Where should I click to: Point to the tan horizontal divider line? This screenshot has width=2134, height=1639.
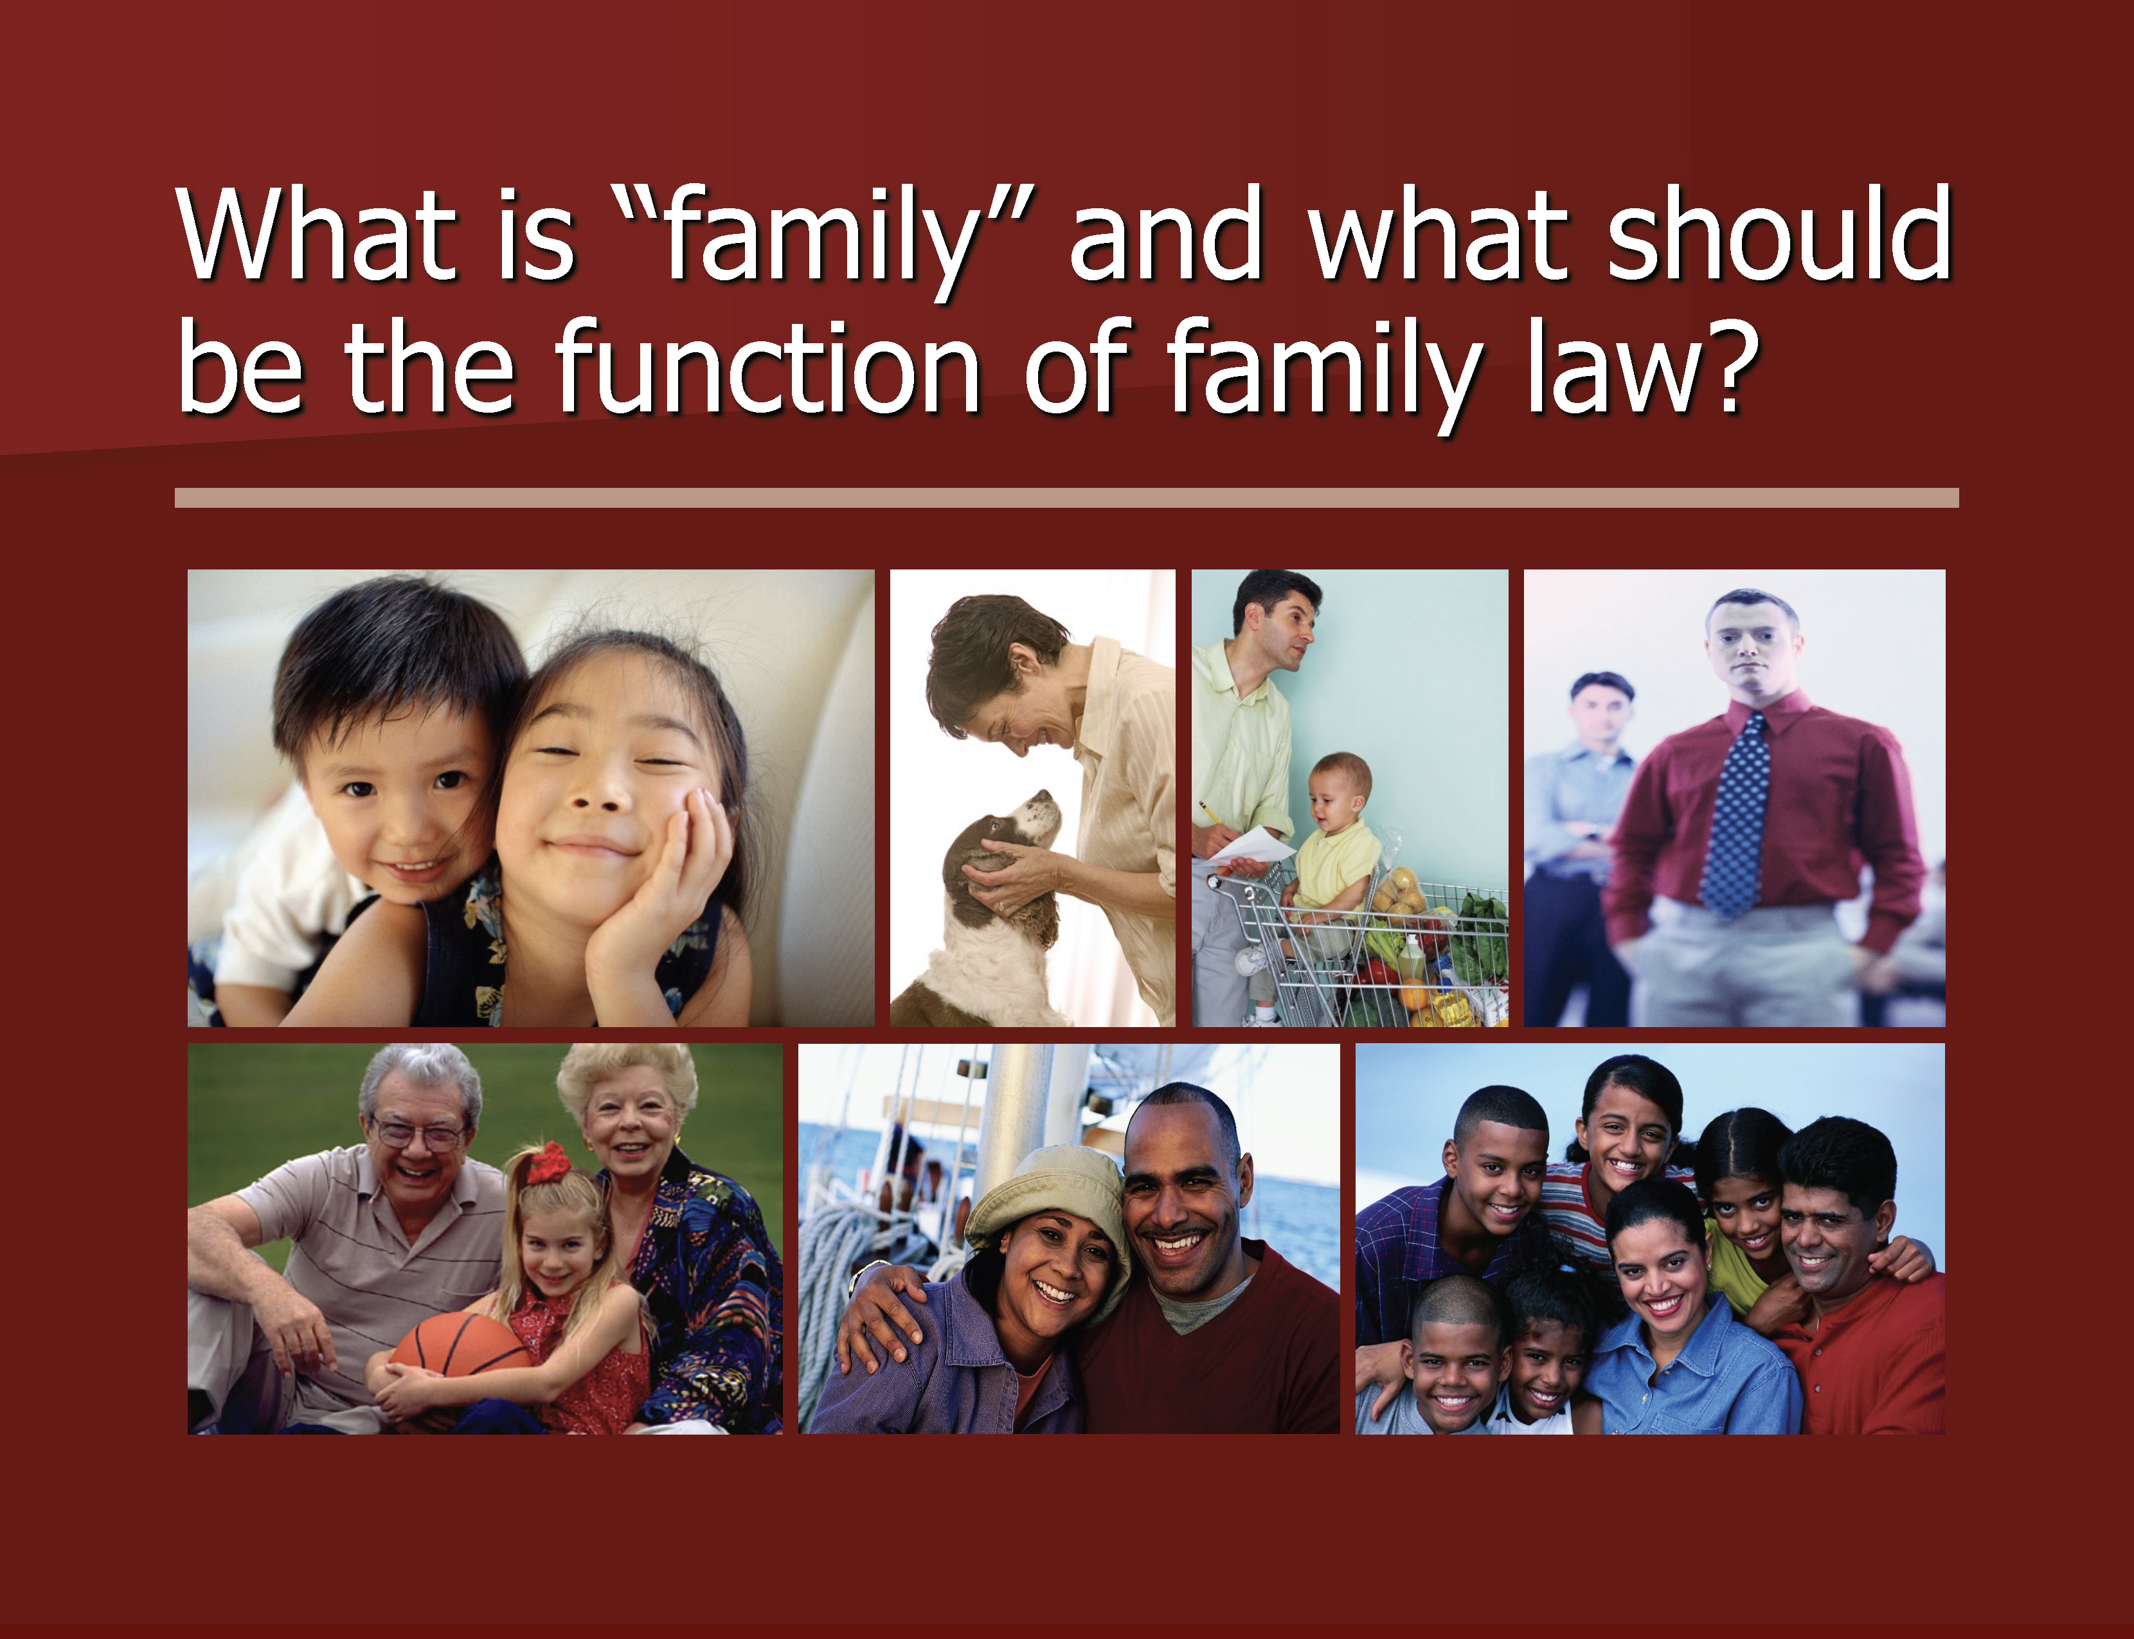pyautogui.click(x=1066, y=497)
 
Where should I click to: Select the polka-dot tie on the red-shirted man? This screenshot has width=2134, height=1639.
pyautogui.click(x=1736, y=814)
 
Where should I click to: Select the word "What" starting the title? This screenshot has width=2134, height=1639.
pyautogui.click(x=317, y=234)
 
